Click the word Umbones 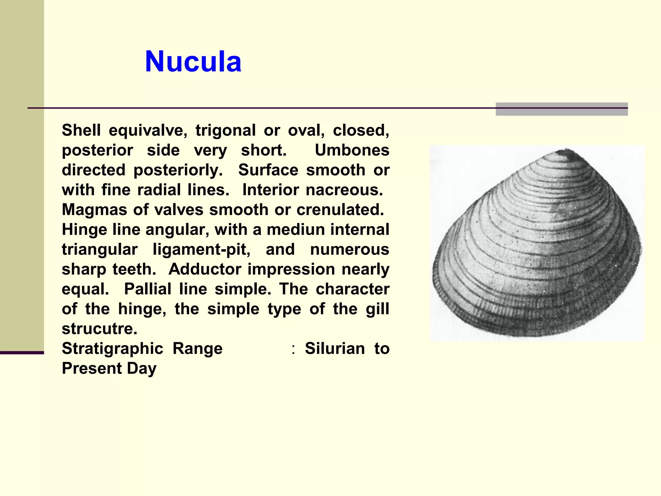(352, 150)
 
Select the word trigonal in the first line (225, 130)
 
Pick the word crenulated (340, 210)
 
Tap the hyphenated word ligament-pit (201, 249)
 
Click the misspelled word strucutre (99, 329)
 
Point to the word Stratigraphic (112, 348)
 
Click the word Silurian (335, 348)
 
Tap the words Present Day (109, 368)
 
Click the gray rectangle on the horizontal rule (561, 109)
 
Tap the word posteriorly (178, 170)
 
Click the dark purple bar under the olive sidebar (22, 353)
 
